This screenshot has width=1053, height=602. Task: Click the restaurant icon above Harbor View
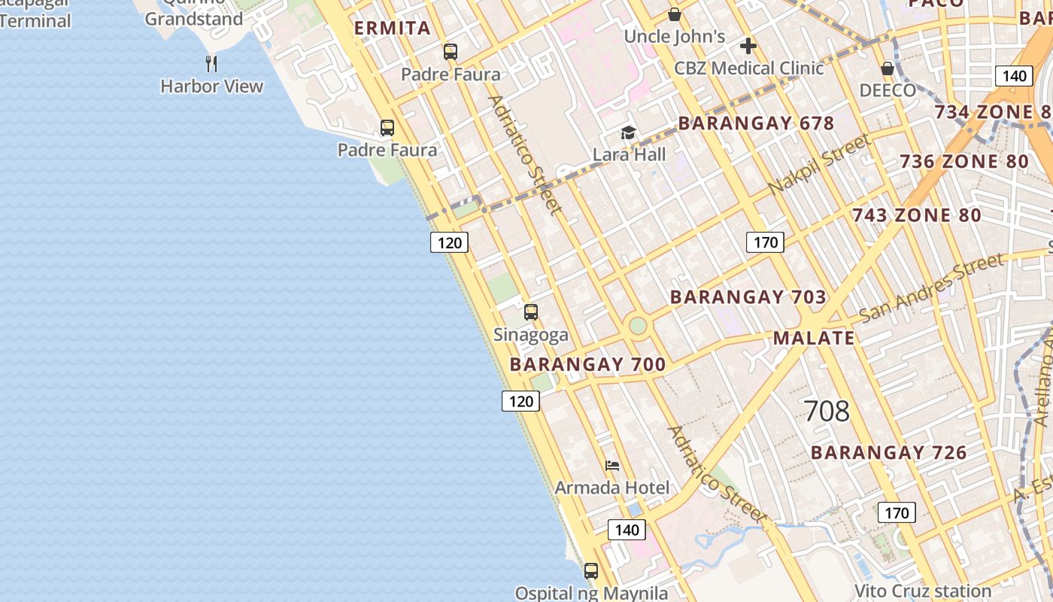point(211,63)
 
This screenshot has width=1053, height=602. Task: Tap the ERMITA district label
point(393,29)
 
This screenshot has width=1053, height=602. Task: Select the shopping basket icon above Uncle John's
point(675,14)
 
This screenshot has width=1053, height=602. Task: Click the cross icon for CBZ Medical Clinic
point(748,47)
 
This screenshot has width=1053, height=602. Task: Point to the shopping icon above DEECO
point(888,69)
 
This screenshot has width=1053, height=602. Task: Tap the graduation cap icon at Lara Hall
point(628,133)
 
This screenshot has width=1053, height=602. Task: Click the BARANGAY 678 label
point(756,123)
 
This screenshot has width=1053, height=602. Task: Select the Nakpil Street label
point(819,163)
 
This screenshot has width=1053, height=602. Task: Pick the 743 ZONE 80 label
point(916,215)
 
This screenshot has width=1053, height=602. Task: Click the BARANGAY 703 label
point(748,297)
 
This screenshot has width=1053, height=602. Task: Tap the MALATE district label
point(814,338)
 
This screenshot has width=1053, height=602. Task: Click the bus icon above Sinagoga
point(531,312)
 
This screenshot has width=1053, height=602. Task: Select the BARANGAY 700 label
point(587,365)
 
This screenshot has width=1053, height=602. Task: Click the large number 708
point(827,411)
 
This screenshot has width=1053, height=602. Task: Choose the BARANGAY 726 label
point(888,452)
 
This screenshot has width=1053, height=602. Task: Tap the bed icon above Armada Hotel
point(612,466)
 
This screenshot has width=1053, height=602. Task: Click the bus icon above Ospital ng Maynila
point(591,571)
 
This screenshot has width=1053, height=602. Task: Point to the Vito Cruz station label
point(922,591)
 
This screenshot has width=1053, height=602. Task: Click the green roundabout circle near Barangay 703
point(638,326)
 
